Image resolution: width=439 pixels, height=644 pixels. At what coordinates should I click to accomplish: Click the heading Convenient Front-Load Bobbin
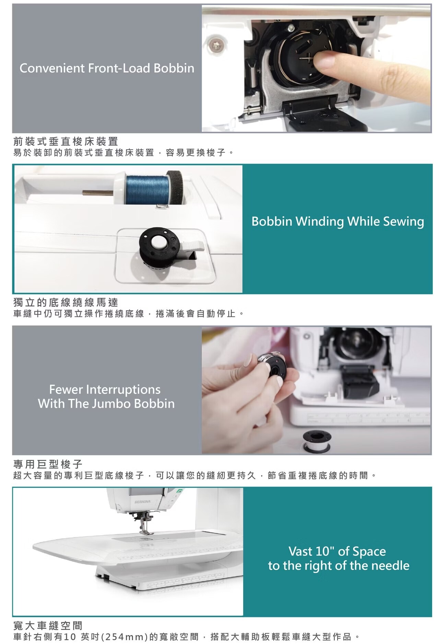(107, 68)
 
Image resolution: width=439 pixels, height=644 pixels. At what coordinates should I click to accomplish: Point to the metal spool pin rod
(98, 193)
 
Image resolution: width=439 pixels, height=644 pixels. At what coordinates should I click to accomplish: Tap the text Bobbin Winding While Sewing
(337, 221)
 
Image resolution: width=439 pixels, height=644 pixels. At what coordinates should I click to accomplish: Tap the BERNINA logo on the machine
(142, 501)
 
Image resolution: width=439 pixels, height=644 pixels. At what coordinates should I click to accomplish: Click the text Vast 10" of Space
(337, 551)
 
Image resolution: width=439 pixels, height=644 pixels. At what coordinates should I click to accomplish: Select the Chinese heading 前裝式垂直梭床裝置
(66, 141)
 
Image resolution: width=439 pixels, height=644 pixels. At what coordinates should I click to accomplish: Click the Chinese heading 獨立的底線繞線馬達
(66, 302)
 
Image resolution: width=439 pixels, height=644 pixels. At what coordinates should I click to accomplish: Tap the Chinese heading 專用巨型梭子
(48, 464)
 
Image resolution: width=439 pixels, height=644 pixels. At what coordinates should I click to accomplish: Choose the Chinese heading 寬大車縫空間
(48, 625)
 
